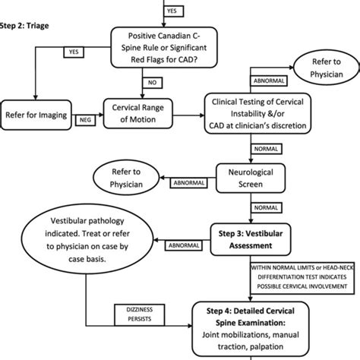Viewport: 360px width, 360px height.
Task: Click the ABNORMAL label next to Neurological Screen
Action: [193, 183]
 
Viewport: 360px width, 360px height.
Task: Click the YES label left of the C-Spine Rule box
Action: [74, 52]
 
